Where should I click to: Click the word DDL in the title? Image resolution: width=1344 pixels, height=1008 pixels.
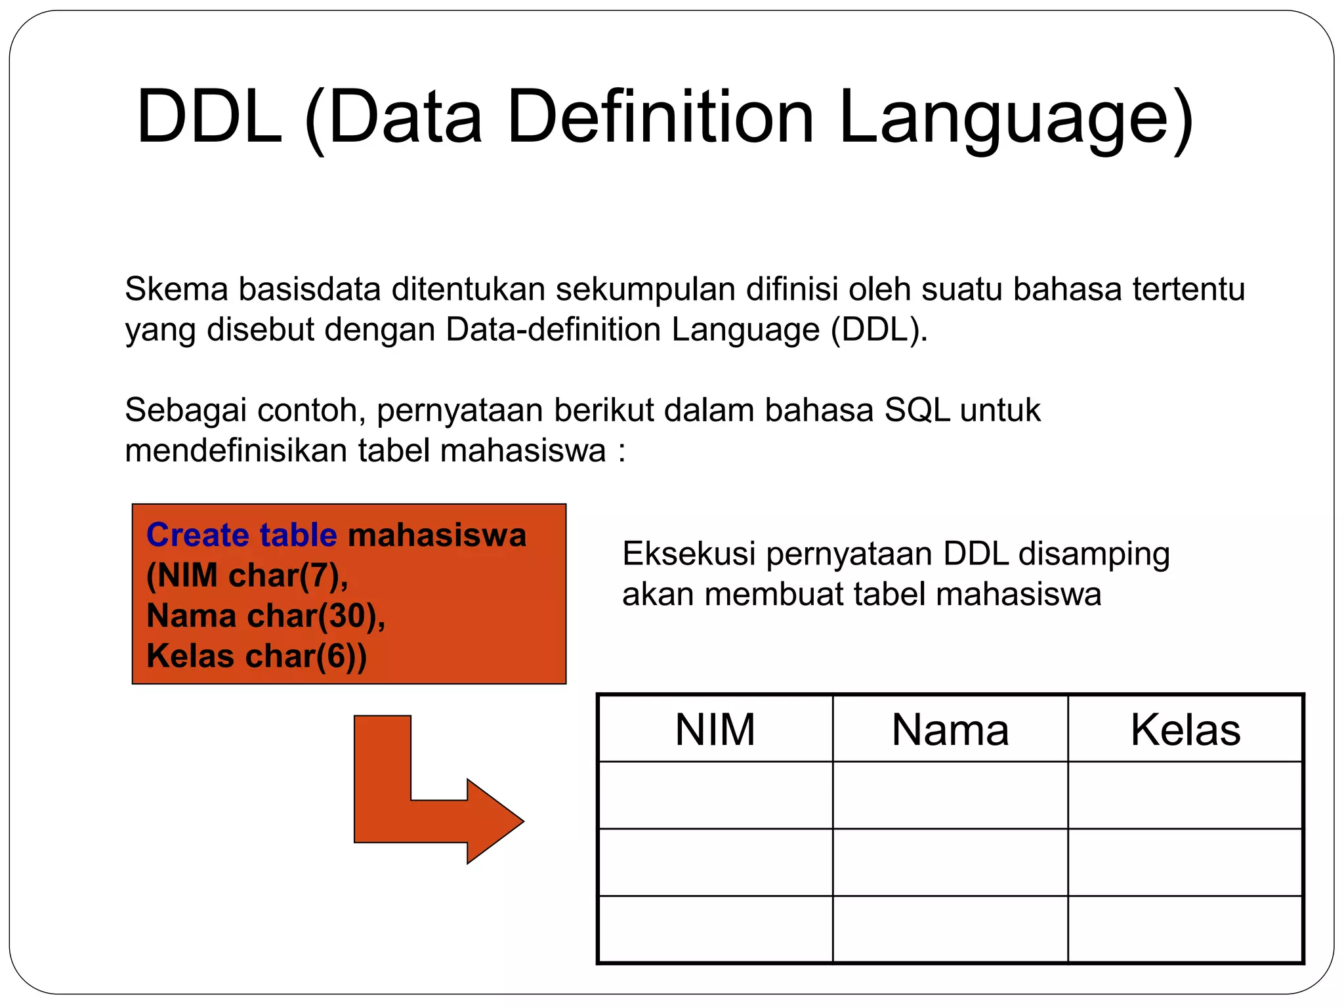point(209,118)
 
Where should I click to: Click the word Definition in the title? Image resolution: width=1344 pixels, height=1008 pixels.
point(660,118)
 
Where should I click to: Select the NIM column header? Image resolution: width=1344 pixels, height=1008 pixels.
point(715,730)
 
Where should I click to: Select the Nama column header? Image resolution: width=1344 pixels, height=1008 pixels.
point(950,730)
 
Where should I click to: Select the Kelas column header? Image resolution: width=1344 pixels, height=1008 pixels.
point(1185,730)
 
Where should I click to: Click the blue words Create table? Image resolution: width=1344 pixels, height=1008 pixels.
point(241,535)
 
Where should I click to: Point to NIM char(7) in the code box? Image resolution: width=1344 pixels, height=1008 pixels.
point(247,576)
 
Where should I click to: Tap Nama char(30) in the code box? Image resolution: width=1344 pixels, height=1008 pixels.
point(265,616)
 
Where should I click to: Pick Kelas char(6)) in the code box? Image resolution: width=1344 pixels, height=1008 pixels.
point(256,656)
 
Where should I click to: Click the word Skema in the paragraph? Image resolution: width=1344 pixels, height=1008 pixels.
point(176,289)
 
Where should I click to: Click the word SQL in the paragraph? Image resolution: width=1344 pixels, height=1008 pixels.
point(917,411)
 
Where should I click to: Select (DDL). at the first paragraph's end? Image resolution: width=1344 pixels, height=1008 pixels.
point(879,330)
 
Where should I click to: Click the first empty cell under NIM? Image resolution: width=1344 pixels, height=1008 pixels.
point(715,795)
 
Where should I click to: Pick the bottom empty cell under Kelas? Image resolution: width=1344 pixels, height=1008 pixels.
point(1185,929)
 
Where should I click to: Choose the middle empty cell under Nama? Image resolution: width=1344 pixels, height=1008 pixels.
point(950,862)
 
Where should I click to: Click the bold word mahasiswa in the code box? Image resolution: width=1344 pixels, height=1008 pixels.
point(436,535)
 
